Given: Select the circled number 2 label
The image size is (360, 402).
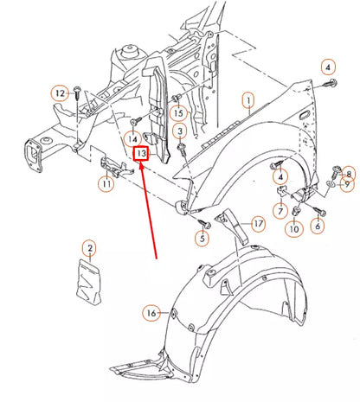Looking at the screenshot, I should point(88,249).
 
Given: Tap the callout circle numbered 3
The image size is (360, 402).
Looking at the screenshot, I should point(180,131).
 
